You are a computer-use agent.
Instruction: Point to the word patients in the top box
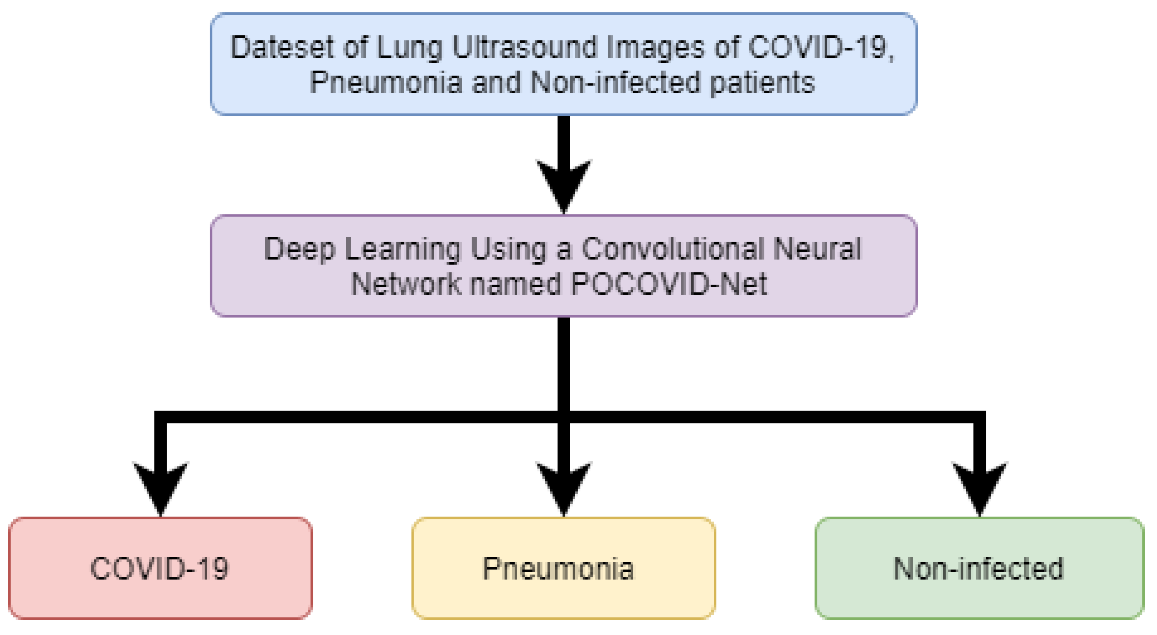[x=762, y=83]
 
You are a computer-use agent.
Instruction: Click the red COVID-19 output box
[x=160, y=568]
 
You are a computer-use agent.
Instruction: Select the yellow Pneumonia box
[x=564, y=568]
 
